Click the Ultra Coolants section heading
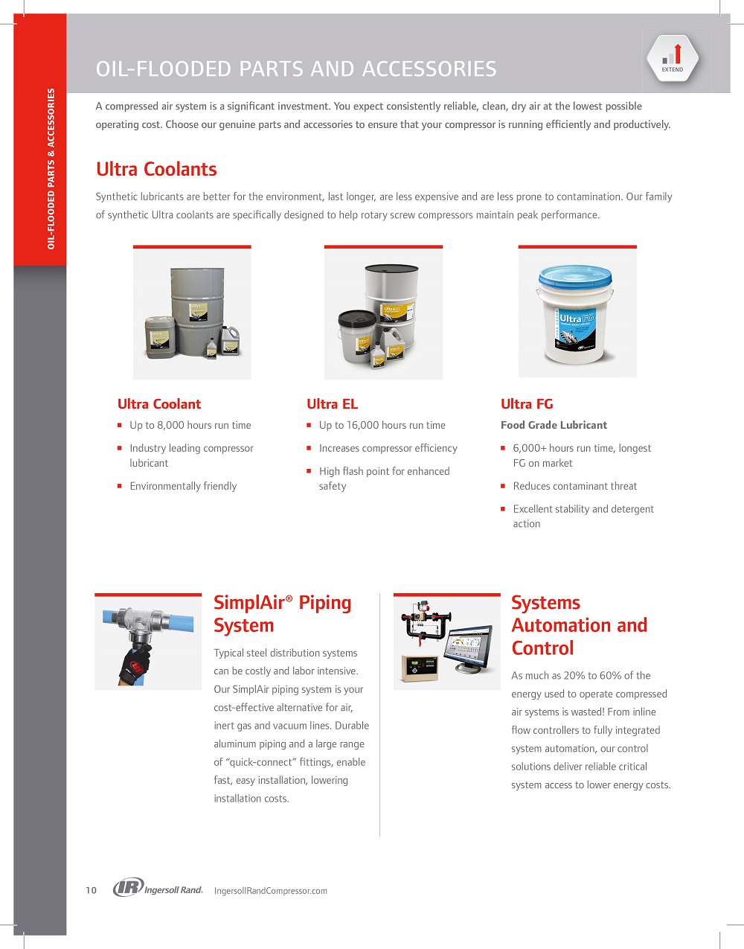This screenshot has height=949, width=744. point(156,169)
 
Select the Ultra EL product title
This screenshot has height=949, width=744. point(332,404)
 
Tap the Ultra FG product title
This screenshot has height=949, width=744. point(527,404)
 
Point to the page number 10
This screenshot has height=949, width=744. point(91,890)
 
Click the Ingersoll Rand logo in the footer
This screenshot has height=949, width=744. point(158,888)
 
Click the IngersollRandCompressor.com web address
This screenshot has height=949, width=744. point(270,891)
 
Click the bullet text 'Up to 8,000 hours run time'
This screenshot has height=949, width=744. point(190,426)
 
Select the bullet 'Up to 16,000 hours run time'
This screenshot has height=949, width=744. point(382,426)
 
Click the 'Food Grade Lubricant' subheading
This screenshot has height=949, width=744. point(554,425)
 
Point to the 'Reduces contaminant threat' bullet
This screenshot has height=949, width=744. point(574,486)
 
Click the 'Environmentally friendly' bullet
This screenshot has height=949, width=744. point(183,486)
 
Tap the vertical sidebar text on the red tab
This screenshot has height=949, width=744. point(51,169)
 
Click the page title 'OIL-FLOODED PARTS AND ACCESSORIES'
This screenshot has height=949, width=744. point(296,69)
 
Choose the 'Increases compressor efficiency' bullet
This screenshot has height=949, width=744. point(388,448)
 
